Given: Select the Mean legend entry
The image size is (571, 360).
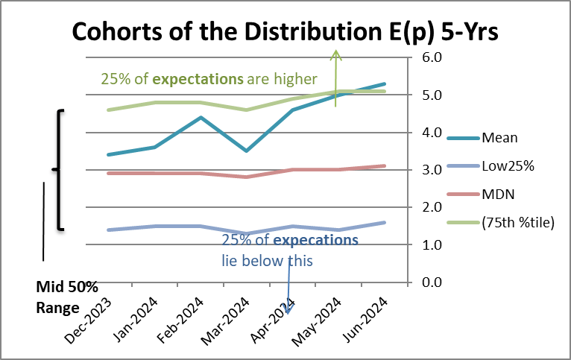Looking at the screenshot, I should pyautogui.click(x=499, y=137).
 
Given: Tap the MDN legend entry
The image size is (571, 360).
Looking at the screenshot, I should pyautogui.click(x=499, y=195).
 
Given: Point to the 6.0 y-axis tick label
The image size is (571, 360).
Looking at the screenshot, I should pyautogui.click(x=433, y=57).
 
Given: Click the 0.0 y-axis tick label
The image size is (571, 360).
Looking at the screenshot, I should pyautogui.click(x=433, y=282).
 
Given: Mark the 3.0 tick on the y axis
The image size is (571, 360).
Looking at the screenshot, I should pyautogui.click(x=433, y=170).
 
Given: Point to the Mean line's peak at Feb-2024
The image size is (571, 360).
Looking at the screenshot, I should pyautogui.click(x=201, y=117).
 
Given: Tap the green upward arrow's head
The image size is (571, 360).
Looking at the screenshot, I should pyautogui.click(x=336, y=53).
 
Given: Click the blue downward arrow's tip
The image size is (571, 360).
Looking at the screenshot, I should pyautogui.click(x=288, y=312).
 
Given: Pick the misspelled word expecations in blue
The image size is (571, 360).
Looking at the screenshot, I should pyautogui.click(x=315, y=241).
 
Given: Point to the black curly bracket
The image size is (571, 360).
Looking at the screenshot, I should pyautogui.click(x=58, y=170).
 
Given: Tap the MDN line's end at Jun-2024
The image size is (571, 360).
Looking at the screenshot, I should pyautogui.click(x=385, y=165).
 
